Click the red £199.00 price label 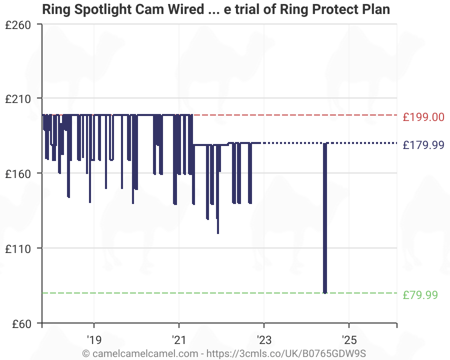tap(423, 117)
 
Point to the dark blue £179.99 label tap(423, 145)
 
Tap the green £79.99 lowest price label tap(420, 295)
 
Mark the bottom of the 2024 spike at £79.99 tap(325, 292)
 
